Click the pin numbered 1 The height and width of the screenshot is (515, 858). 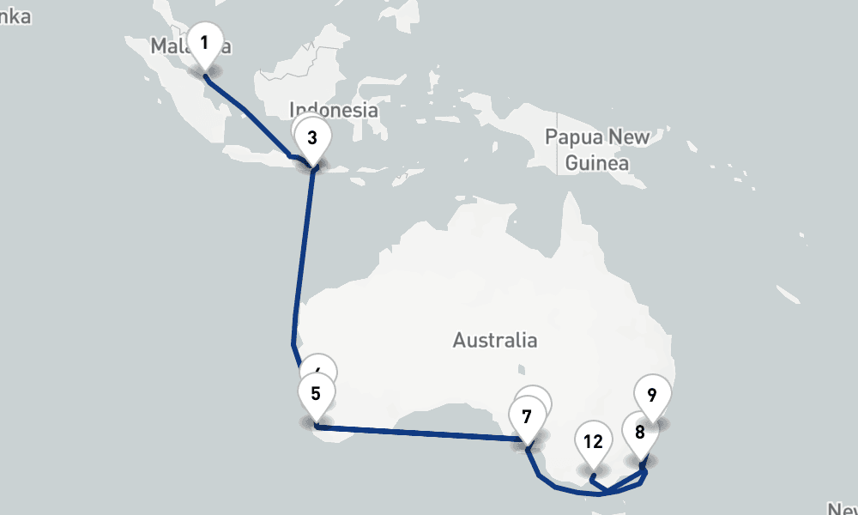click(204, 43)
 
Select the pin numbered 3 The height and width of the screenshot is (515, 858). click(311, 138)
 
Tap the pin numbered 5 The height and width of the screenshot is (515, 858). click(316, 395)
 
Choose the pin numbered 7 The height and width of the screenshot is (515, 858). click(526, 418)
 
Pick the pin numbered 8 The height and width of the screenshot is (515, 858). click(639, 433)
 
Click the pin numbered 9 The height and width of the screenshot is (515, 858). click(652, 397)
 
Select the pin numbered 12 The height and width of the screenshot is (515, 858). click(592, 443)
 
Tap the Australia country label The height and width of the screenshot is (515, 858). click(495, 341)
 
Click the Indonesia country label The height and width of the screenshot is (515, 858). click(334, 110)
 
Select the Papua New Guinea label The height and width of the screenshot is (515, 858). click(598, 149)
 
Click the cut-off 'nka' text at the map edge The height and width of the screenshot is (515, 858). click(15, 17)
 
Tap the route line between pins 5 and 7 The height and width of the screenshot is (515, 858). click(420, 433)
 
